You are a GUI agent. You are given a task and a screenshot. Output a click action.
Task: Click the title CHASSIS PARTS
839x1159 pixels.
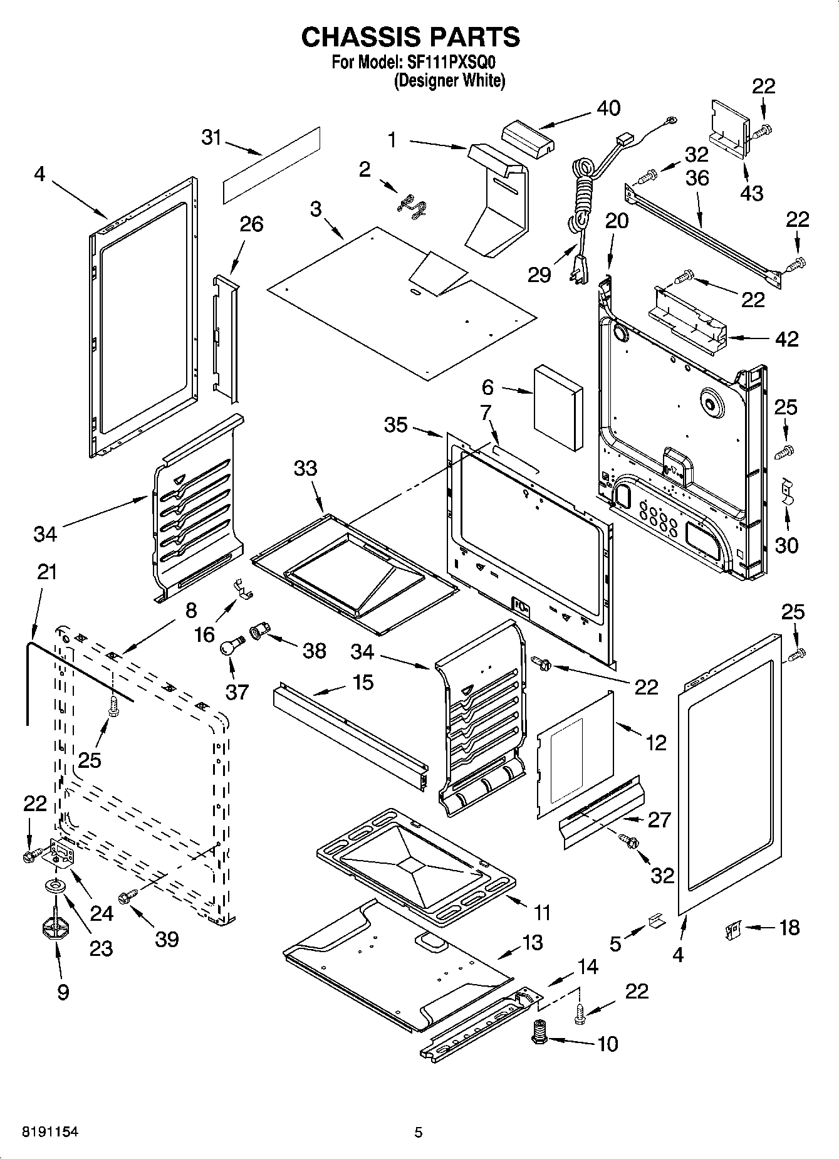pos(410,38)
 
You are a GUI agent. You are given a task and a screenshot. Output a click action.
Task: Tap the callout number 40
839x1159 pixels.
pos(608,108)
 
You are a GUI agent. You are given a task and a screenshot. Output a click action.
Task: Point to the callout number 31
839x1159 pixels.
pos(212,137)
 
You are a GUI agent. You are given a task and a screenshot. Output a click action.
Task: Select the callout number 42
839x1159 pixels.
pos(787,339)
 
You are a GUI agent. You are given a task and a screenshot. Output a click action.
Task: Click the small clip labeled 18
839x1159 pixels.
pos(732,929)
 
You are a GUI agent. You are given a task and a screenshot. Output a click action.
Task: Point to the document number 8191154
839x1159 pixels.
pos(50,1131)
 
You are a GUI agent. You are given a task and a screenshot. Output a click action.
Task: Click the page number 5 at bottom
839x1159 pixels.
pos(419,1132)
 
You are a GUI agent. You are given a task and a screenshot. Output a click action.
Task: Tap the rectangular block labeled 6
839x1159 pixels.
pos(558,407)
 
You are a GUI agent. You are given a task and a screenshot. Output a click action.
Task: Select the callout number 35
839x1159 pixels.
pos(396,425)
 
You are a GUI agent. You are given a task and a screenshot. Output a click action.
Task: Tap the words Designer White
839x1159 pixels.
pos(449,81)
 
